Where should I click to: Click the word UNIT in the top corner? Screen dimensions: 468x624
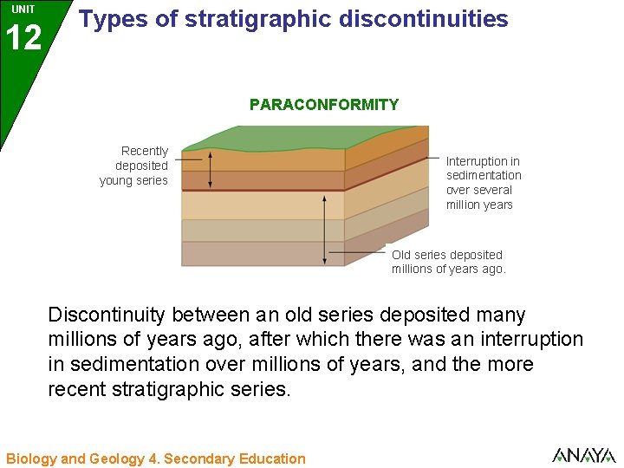click(23, 9)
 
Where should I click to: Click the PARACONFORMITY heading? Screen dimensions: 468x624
click(323, 105)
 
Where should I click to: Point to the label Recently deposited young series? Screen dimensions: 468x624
click(135, 166)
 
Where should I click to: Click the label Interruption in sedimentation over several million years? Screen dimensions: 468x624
click(483, 183)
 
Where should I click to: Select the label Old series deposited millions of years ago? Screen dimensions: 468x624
click(448, 262)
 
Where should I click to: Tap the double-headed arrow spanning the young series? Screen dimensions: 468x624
click(210, 169)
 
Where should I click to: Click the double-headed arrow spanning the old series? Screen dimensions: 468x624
click(325, 230)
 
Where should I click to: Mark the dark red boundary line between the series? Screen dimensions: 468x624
click(260, 190)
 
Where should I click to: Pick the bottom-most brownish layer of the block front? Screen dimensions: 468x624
click(260, 253)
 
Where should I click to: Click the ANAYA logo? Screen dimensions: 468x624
click(582, 455)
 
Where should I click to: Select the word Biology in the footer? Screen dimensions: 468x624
click(31, 458)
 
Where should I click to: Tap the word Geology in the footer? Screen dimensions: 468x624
click(110, 458)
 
